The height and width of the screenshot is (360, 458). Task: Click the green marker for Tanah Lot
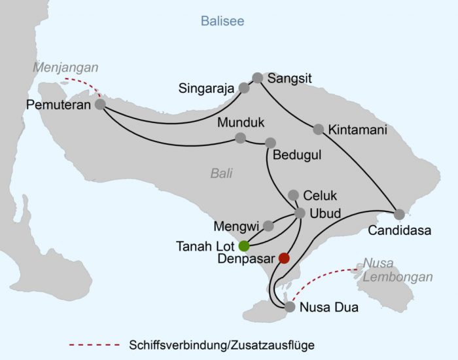point(244,246)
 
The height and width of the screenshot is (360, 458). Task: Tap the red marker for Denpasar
point(283,258)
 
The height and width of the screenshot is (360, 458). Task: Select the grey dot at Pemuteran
point(99,104)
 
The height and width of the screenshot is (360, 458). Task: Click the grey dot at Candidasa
point(399,214)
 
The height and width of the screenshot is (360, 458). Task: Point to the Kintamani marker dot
point(319,130)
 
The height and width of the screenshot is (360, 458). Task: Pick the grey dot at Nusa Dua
point(290,306)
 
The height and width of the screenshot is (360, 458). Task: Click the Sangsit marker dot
point(257,77)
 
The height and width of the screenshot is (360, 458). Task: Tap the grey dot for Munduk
point(240,138)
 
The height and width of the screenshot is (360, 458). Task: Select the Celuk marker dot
point(294,194)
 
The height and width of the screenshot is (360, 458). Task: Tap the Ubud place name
point(326,213)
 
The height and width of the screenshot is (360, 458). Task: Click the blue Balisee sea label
point(222,22)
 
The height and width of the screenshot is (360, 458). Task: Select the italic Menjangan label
point(66,67)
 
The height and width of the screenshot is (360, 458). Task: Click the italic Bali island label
point(221,173)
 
